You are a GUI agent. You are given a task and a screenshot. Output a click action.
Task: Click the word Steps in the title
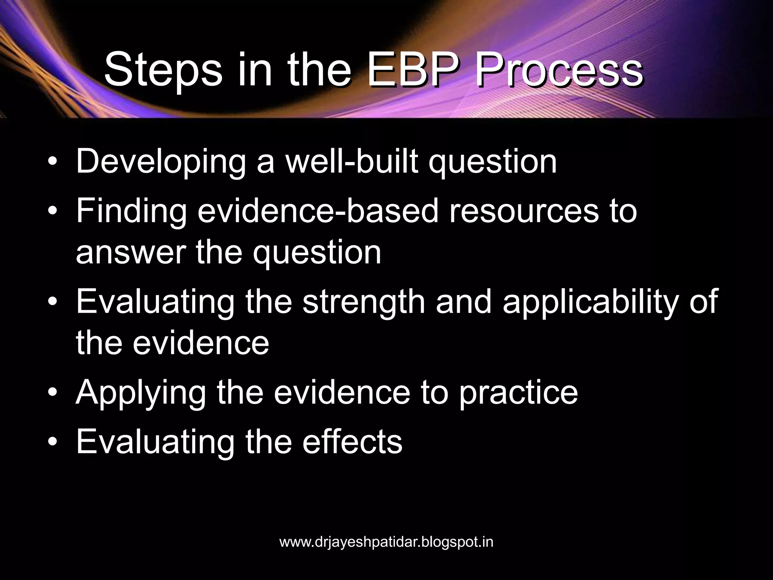163,71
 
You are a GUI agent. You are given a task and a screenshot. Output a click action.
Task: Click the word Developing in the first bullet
161,162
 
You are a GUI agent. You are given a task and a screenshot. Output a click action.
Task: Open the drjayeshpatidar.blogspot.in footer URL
386,542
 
